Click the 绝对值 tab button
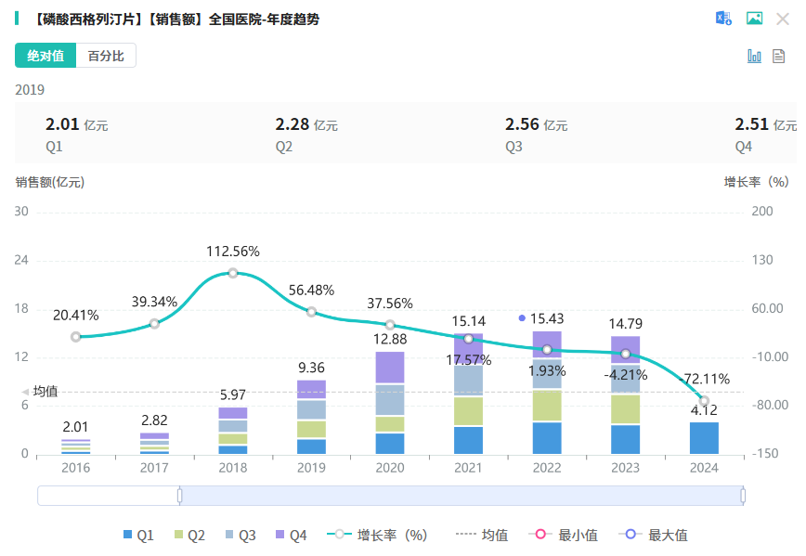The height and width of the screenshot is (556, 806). (45, 56)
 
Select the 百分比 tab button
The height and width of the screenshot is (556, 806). (106, 56)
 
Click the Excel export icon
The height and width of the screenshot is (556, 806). (723, 19)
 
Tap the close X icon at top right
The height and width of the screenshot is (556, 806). (782, 19)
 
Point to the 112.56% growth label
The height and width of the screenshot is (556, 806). (233, 252)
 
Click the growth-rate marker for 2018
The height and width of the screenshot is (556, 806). (233, 273)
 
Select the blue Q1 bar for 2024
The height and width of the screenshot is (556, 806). (704, 438)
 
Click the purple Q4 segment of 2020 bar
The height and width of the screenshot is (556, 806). (390, 368)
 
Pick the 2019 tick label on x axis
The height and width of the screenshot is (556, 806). (312, 468)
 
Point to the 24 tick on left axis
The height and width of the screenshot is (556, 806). (22, 261)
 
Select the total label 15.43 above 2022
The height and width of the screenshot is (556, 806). (547, 318)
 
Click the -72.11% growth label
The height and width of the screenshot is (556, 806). (705, 379)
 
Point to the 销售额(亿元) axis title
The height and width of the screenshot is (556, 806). (49, 182)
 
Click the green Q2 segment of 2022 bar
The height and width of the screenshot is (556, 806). (547, 406)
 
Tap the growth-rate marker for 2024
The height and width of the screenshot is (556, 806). (705, 401)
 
